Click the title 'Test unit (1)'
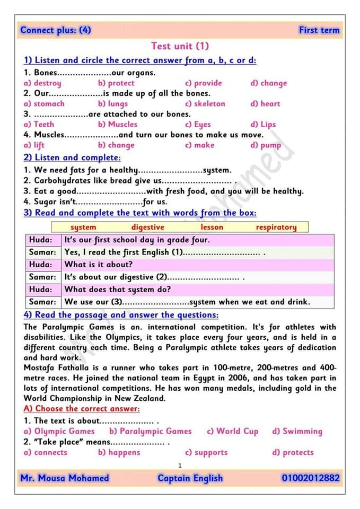click(x=180, y=46)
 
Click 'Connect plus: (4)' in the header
click(x=56, y=30)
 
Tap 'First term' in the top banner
click(x=319, y=30)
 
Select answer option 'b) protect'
click(x=116, y=83)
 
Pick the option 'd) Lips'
click(x=263, y=125)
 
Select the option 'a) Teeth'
click(x=39, y=125)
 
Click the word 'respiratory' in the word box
click(x=276, y=227)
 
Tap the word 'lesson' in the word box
click(x=212, y=227)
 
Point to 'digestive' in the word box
click(x=147, y=227)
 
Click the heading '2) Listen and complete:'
click(x=72, y=157)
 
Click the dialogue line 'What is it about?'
click(x=99, y=264)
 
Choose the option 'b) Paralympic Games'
click(x=150, y=431)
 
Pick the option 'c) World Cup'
click(x=232, y=431)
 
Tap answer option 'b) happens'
click(x=119, y=452)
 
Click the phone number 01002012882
click(x=310, y=478)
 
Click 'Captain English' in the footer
click(x=190, y=478)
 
